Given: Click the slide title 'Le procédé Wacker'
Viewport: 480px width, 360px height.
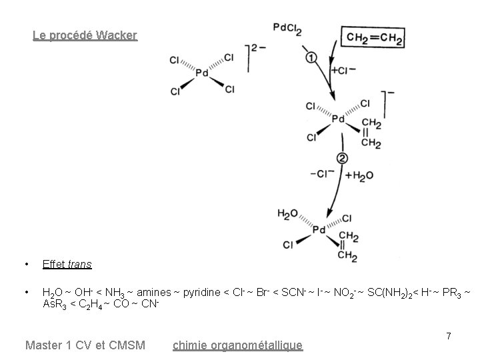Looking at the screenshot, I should coord(85,35).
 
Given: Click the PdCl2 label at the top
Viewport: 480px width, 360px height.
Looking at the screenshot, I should coord(287,28).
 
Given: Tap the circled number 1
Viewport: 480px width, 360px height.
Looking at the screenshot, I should coord(311,58).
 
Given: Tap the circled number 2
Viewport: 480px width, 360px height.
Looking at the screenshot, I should coord(342,159).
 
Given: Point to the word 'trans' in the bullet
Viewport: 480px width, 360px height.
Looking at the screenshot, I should coord(79,264).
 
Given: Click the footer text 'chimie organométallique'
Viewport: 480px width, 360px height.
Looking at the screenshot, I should coord(237,345).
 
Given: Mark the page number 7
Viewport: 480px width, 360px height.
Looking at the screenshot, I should coord(449,337).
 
